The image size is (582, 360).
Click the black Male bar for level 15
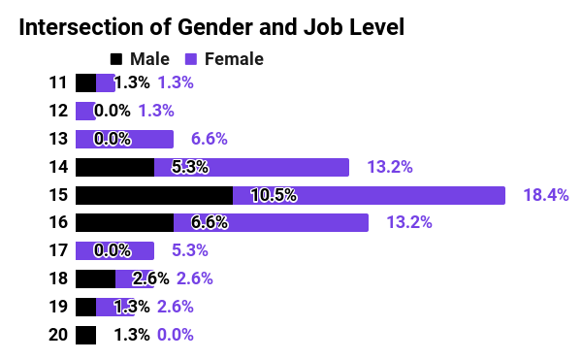[153, 195]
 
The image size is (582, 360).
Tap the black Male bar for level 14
[114, 167]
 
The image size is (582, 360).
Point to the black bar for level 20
[85, 336]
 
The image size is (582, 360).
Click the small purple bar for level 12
[84, 111]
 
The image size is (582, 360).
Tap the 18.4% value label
[545, 195]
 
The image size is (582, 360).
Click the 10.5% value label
[273, 195]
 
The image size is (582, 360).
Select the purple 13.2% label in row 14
[390, 167]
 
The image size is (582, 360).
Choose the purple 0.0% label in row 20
[176, 336]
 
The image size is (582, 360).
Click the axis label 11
[57, 82]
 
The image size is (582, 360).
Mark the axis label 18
[57, 279]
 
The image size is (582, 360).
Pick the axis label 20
[57, 336]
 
